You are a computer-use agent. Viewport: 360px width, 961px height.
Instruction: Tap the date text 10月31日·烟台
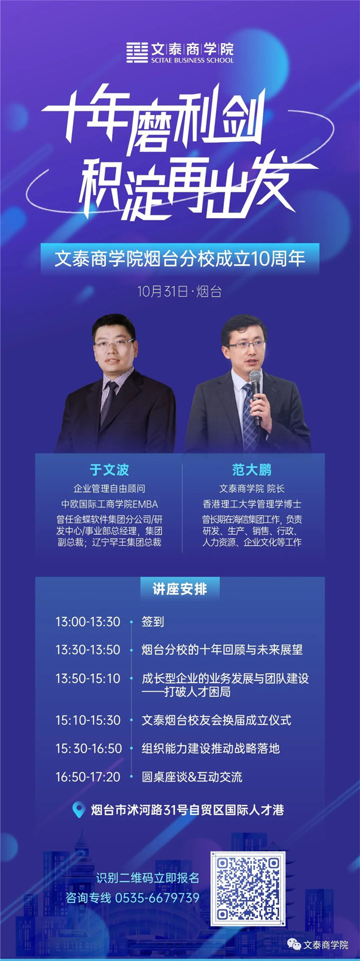(x=179, y=292)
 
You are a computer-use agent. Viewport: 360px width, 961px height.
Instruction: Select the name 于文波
(x=109, y=469)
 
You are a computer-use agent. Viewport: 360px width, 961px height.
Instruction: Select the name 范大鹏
(x=251, y=469)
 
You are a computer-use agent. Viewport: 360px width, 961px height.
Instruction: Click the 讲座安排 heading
(x=180, y=589)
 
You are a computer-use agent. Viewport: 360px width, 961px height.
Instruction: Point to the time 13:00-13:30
(x=88, y=622)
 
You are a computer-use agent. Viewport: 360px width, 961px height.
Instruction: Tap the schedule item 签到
(x=153, y=622)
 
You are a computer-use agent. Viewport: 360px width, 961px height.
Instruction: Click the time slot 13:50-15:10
(x=88, y=679)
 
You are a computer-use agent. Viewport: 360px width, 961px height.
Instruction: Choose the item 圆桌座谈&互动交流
(x=192, y=777)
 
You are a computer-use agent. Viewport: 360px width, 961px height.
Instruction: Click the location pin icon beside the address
(x=78, y=810)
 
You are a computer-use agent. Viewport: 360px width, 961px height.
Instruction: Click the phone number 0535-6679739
(x=157, y=898)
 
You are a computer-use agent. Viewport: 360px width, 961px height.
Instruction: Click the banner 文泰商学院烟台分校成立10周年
(x=180, y=259)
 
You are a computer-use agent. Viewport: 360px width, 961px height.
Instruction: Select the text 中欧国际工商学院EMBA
(x=110, y=504)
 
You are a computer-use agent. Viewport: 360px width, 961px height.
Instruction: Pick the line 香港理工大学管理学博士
(x=252, y=504)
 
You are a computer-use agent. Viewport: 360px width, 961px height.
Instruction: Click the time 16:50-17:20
(x=88, y=777)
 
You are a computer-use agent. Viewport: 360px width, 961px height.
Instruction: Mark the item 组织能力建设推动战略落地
(x=211, y=748)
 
